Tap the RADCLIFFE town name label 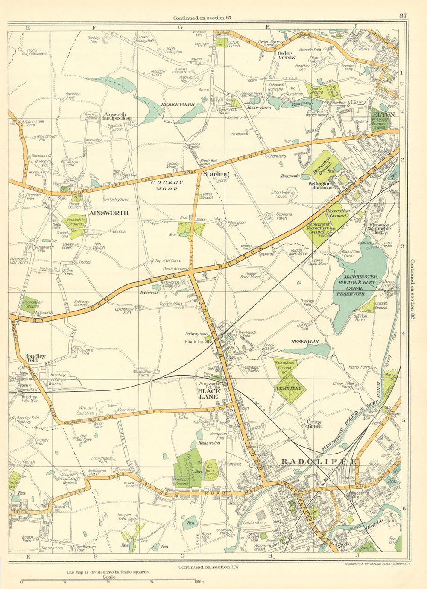[x=318, y=462]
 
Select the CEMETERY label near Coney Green [x=289, y=388]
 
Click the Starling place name [x=216, y=174]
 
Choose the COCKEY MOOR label [x=167, y=185]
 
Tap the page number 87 [x=403, y=16]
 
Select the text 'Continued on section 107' [x=208, y=567]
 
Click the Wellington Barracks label [x=323, y=185]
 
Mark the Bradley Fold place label [x=32, y=358]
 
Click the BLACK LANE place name [x=208, y=393]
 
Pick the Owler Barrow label [x=286, y=55]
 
